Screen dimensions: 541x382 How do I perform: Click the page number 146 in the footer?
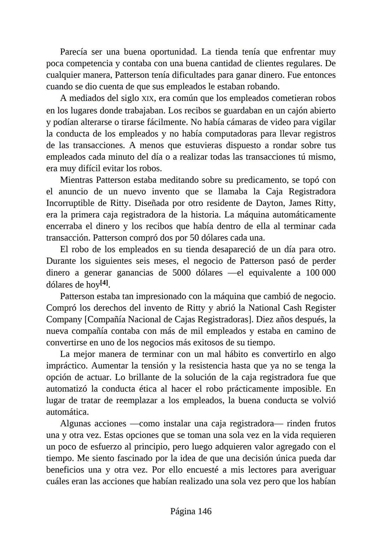(x=204, y=511)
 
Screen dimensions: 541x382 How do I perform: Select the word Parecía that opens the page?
(x=74, y=52)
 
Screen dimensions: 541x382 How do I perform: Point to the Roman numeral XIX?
(x=147, y=98)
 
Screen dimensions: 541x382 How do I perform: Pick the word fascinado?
(x=139, y=458)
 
